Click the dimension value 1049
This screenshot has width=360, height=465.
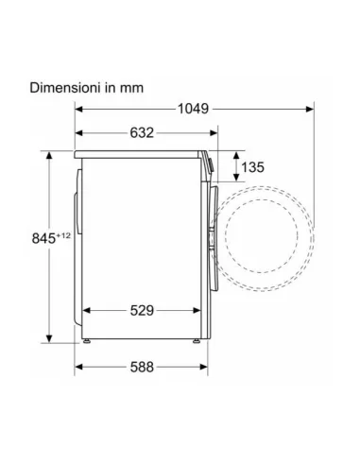click(193, 109)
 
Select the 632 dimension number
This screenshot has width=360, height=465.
click(142, 133)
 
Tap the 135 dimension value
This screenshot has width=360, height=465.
click(252, 167)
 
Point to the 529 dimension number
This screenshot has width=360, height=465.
click(142, 311)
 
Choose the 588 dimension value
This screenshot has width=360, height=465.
click(142, 367)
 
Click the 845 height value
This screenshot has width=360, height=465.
click(43, 238)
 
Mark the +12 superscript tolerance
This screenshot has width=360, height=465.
click(63, 235)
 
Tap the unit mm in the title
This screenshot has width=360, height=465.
click(131, 88)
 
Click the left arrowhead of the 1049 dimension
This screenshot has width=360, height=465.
click(78, 110)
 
